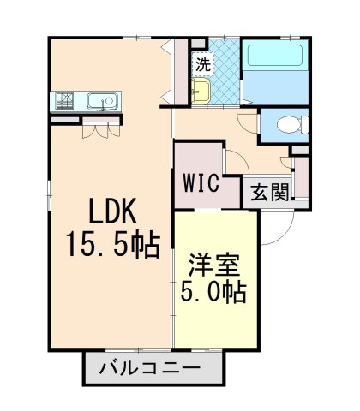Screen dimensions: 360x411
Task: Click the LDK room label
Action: [112, 211]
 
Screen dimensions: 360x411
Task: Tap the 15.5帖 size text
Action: [113, 244]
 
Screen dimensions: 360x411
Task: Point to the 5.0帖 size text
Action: [213, 293]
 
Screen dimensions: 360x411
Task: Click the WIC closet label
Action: [201, 182]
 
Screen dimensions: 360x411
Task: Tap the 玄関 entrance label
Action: [270, 192]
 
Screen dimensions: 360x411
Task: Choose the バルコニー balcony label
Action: [149, 368]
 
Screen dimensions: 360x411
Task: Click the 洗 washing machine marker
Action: [203, 64]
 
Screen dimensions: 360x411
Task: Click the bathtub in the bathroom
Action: [275, 55]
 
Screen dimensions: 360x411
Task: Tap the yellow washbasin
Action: [201, 91]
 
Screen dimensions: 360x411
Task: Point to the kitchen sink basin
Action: [103, 101]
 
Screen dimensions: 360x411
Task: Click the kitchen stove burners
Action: [64, 100]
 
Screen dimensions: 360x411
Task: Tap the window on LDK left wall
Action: [49, 195]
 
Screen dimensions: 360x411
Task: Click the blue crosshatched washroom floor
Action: [225, 71]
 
